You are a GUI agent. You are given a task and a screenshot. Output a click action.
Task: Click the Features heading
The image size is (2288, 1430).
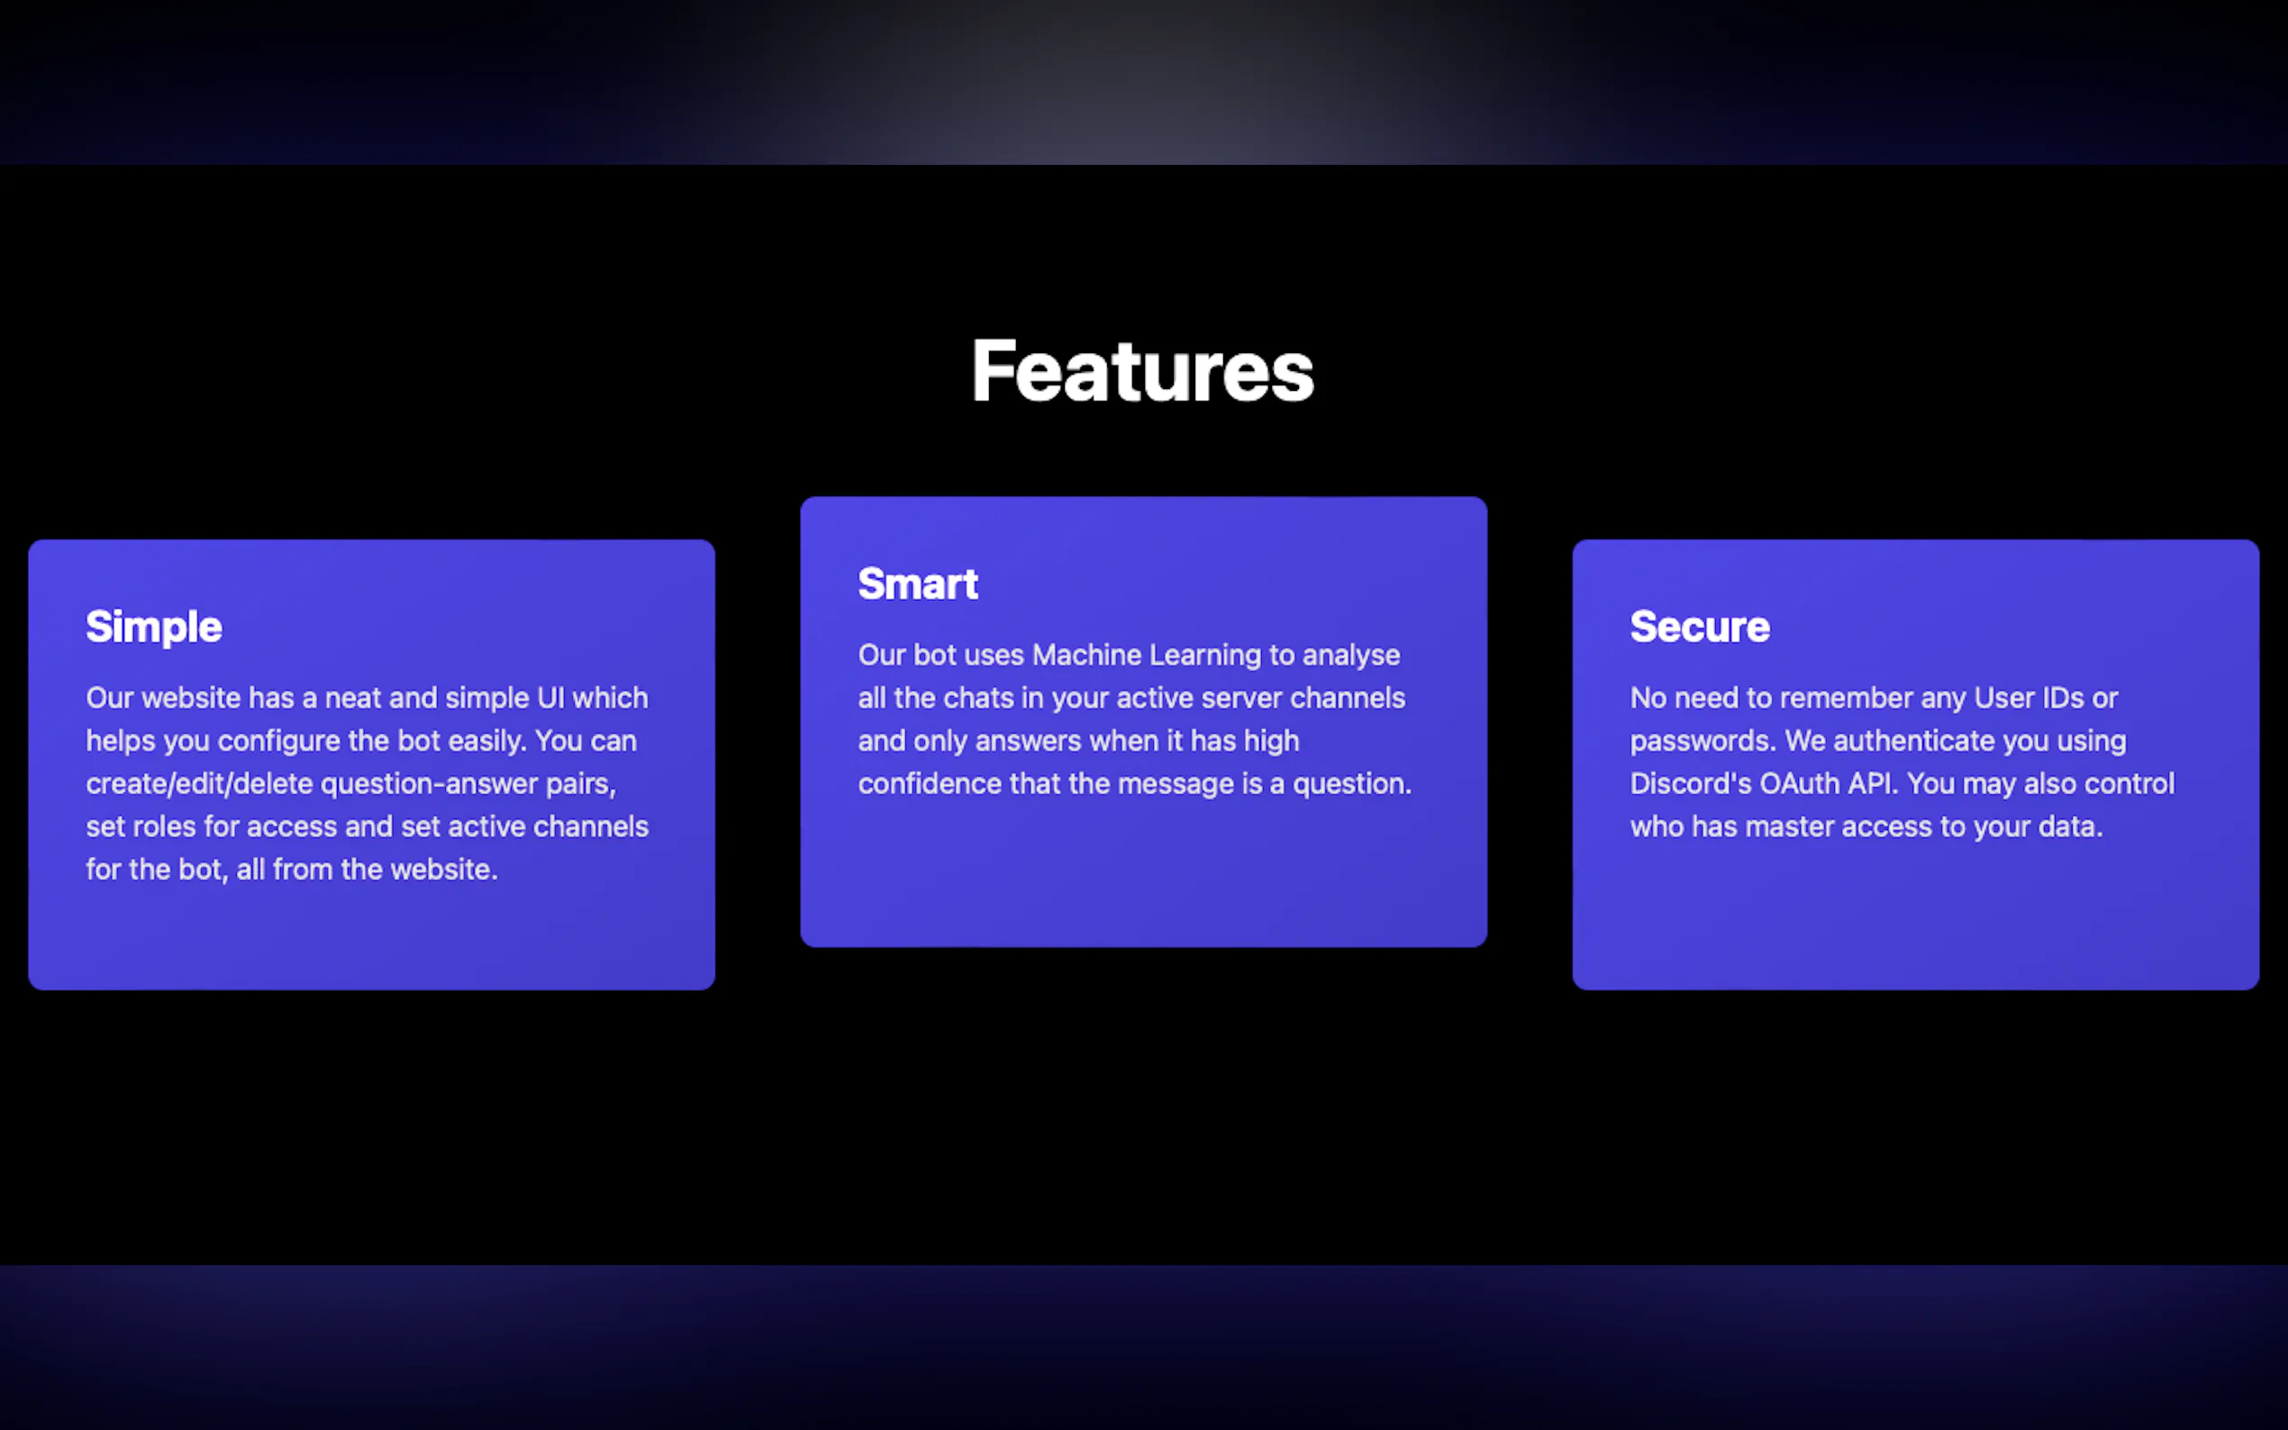coord(1142,371)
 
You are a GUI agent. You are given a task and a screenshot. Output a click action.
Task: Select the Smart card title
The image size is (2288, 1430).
coord(918,584)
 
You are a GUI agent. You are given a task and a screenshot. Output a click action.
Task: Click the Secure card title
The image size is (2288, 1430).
coord(1700,627)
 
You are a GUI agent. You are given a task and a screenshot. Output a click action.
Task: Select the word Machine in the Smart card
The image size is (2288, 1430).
coord(1086,655)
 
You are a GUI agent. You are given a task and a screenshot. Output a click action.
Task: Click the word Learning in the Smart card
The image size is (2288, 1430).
coord(1205,656)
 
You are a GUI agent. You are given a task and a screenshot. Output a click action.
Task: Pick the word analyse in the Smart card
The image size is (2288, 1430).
coord(1350,656)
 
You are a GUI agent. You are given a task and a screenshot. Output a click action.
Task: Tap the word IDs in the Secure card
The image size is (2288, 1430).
coord(2063,698)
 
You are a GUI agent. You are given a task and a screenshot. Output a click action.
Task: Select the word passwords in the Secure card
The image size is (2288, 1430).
coord(1702,741)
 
